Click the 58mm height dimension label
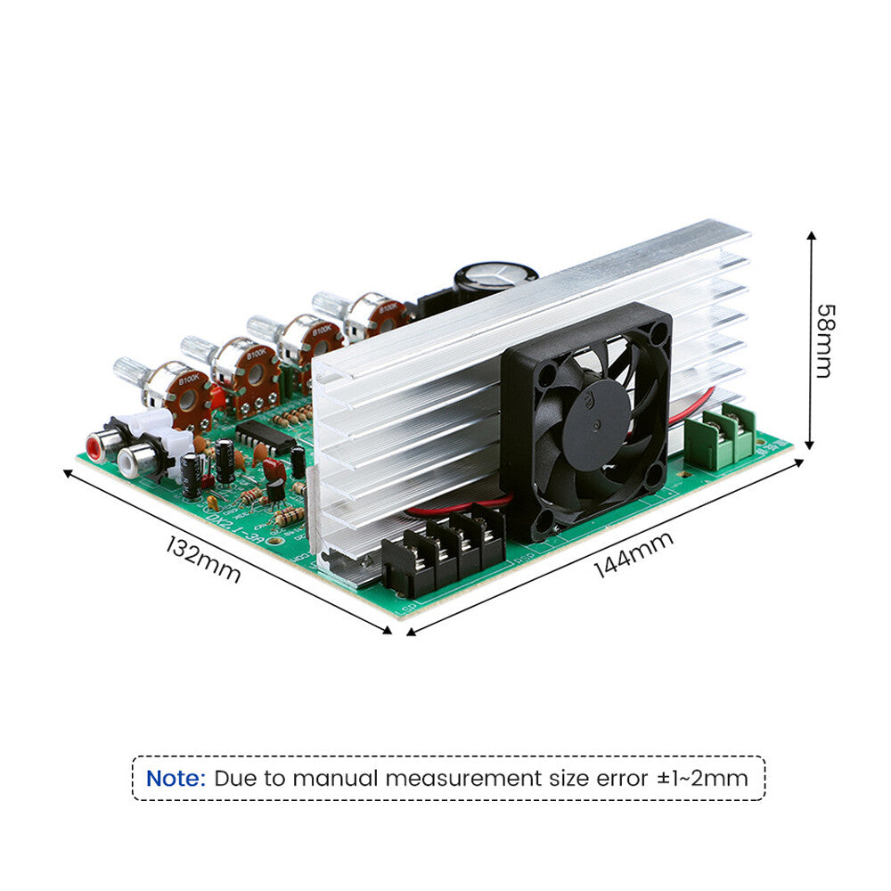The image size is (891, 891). pyautogui.click(x=824, y=340)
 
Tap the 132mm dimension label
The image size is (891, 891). pyautogui.click(x=203, y=559)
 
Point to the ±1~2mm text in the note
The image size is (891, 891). pyautogui.click(x=702, y=778)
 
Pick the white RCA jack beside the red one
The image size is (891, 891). pyautogui.click(x=131, y=460)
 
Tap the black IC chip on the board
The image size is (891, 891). pyautogui.click(x=266, y=436)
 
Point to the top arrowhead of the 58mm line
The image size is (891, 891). pyautogui.click(x=812, y=236)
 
